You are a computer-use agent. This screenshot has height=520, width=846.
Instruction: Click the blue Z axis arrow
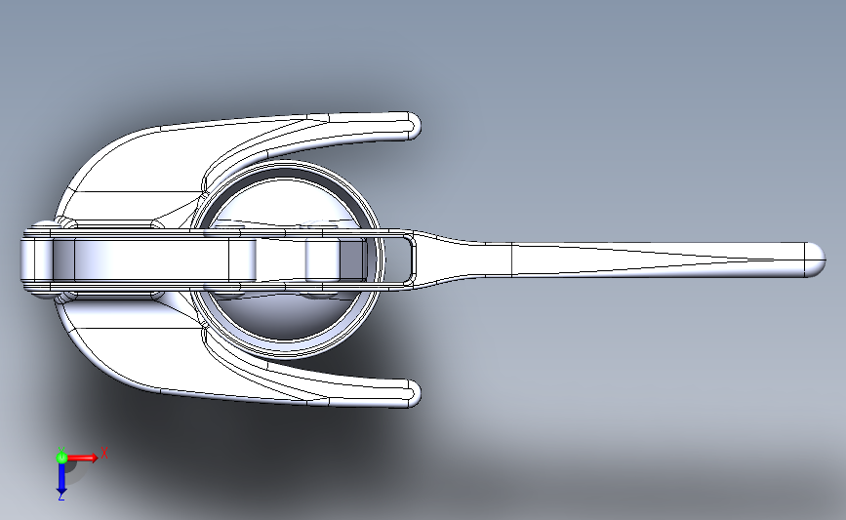(x=60, y=479)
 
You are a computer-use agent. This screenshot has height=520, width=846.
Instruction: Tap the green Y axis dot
(x=60, y=457)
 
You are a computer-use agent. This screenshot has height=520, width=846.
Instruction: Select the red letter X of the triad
(x=104, y=453)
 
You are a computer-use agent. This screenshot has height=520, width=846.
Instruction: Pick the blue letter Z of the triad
(x=60, y=497)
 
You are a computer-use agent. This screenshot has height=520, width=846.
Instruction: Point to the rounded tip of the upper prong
(x=413, y=125)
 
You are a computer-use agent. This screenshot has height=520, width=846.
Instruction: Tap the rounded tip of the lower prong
(x=413, y=393)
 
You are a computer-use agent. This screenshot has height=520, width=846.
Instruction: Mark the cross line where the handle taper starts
(x=513, y=258)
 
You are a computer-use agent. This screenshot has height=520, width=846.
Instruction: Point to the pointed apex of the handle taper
(x=771, y=259)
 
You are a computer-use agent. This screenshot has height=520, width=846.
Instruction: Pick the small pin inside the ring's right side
(x=322, y=260)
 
